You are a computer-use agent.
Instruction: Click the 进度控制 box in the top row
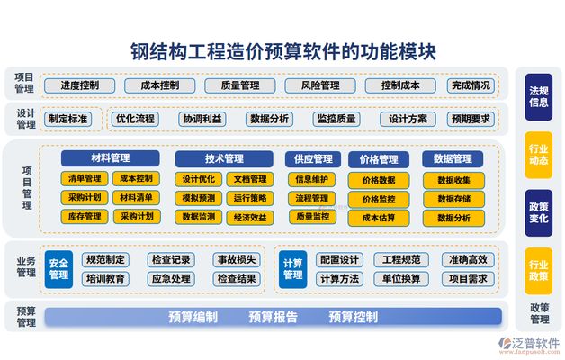pyautogui.click(x=80, y=85)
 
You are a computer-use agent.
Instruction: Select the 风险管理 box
pyautogui.click(x=320, y=85)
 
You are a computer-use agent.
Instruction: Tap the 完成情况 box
pyautogui.click(x=471, y=85)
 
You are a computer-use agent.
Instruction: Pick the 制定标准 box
pyautogui.click(x=68, y=119)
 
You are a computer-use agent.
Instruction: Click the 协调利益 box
pyautogui.click(x=202, y=119)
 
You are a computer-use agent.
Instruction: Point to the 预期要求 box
pyautogui.click(x=471, y=119)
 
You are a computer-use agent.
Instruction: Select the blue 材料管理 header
pyautogui.click(x=111, y=158)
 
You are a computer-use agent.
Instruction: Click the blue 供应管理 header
pyautogui.click(x=313, y=159)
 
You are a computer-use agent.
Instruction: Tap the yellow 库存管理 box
pyautogui.click(x=85, y=217)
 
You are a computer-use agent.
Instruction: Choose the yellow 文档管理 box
pyautogui.click(x=250, y=179)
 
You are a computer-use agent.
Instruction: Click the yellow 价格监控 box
pyautogui.click(x=379, y=199)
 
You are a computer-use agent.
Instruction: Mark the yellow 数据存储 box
pyautogui.click(x=453, y=199)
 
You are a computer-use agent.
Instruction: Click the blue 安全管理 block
pyautogui.click(x=58, y=269)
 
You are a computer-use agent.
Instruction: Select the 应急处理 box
pyautogui.click(x=171, y=279)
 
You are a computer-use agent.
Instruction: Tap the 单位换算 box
pyautogui.click(x=401, y=279)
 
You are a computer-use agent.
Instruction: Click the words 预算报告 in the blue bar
pyautogui.click(x=273, y=317)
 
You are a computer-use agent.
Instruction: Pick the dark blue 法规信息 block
pyautogui.click(x=539, y=97)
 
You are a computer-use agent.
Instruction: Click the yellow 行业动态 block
pyautogui.click(x=539, y=155)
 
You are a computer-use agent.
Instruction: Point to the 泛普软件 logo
pyautogui.click(x=530, y=345)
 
